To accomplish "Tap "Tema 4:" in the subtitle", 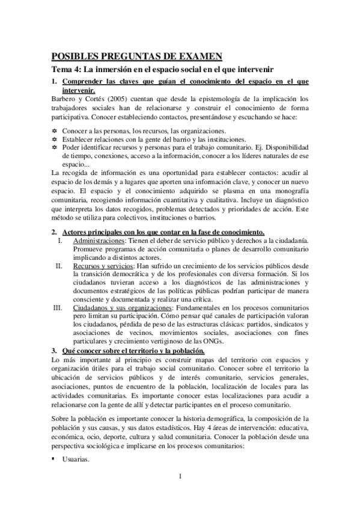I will click(66, 69).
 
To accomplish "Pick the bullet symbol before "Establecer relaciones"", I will click(54, 138).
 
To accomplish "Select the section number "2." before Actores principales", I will click(53, 232).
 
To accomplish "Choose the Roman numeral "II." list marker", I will click(58, 265).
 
